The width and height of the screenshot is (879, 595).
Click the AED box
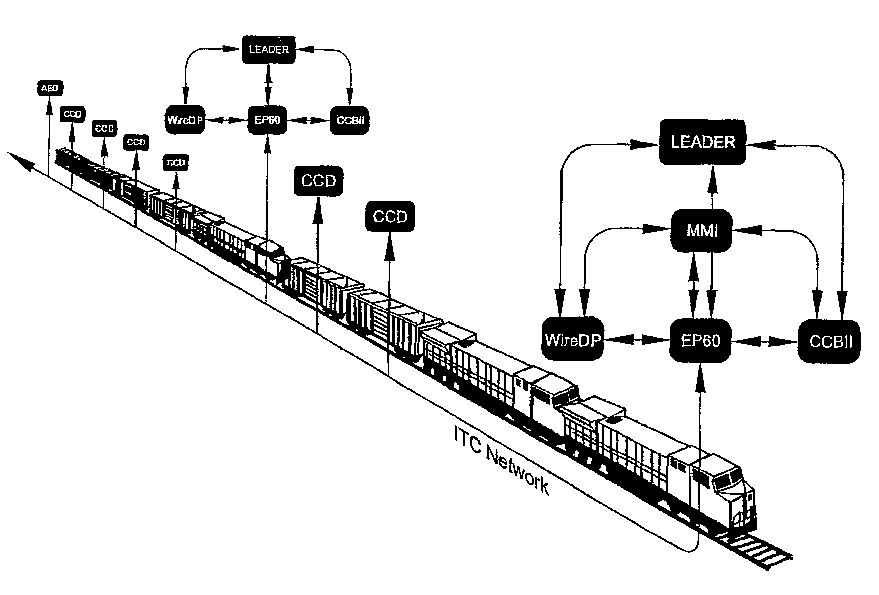click(50, 88)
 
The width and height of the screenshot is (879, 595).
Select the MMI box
click(702, 230)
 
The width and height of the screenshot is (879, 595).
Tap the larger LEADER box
click(703, 142)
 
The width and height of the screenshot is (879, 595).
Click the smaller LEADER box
click(269, 50)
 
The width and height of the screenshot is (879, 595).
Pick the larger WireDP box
click(573, 340)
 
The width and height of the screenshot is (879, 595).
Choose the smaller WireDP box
click(185, 120)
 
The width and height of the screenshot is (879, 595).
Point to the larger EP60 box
click(700, 341)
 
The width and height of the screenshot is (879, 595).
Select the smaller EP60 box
click(267, 120)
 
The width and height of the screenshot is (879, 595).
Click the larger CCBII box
click(829, 341)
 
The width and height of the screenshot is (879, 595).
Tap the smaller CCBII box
click(350, 120)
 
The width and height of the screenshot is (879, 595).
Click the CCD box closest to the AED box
click(72, 114)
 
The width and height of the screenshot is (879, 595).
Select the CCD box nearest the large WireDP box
click(390, 217)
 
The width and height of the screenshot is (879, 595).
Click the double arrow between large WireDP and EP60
click(637, 340)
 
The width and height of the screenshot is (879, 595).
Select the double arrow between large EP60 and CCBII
click(764, 341)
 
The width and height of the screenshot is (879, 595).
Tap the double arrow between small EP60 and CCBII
click(309, 120)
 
